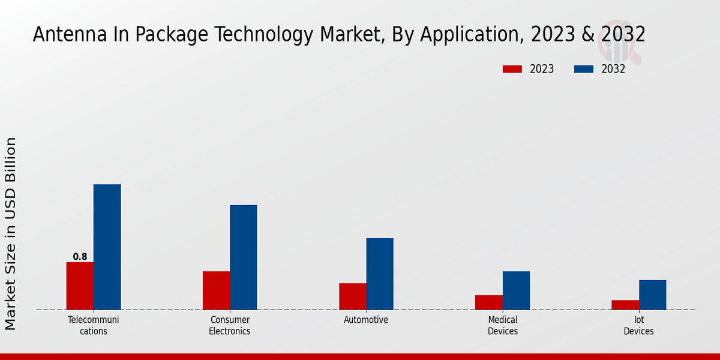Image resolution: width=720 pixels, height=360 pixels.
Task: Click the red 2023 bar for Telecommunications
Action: tap(80, 286)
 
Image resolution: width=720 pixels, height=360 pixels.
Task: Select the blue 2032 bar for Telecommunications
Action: tap(107, 247)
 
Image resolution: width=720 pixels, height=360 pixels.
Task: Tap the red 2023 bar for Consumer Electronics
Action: tap(216, 290)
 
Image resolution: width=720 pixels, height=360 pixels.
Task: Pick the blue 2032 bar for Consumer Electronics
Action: tap(243, 257)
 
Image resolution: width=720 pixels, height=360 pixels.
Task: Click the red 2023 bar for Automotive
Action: tap(352, 296)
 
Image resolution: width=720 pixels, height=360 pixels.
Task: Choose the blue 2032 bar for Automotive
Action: tap(380, 274)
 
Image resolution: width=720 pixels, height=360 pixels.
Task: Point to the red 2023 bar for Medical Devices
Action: tap(488, 302)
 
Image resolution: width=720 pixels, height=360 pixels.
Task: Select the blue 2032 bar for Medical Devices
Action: tap(516, 290)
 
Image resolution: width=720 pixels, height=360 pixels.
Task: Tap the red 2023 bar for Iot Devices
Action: tap(625, 305)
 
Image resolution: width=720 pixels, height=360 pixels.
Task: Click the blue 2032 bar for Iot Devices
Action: tap(652, 295)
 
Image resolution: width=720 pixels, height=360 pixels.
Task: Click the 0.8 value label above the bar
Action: tap(80, 257)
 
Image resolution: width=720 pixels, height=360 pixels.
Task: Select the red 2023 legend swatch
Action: tap(512, 69)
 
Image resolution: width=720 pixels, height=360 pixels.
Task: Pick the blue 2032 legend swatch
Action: tap(583, 69)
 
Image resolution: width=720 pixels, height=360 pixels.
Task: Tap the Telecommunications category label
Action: tap(94, 325)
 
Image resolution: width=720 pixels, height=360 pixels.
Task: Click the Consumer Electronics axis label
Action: tap(230, 325)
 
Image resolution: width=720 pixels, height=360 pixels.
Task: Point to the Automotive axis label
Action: tap(366, 320)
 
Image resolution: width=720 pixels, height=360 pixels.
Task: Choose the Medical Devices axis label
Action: tap(503, 325)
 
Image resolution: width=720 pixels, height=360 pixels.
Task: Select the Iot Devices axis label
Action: tap(638, 325)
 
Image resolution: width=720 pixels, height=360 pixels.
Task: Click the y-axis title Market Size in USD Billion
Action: tap(11, 233)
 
